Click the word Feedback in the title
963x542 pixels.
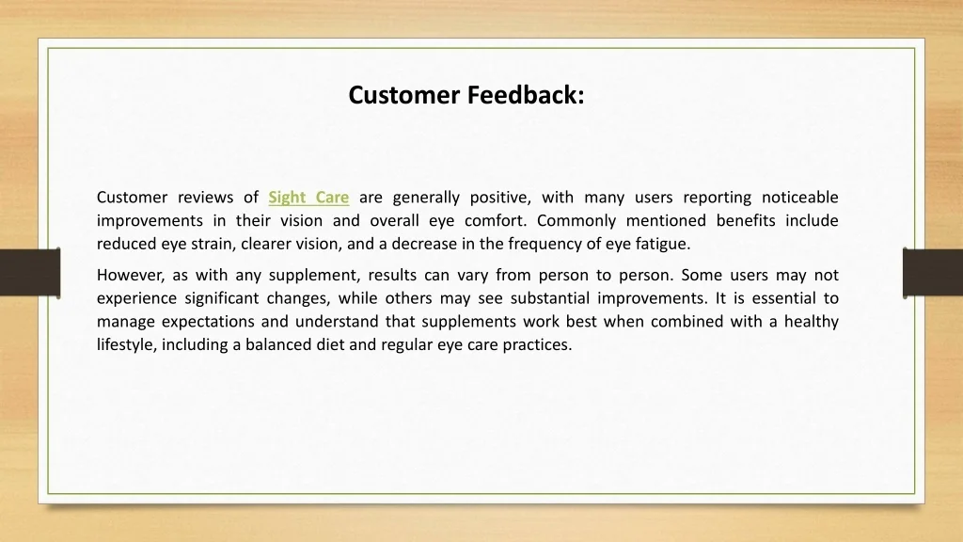(526, 95)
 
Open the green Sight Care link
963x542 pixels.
(308, 198)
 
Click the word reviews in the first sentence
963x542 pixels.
(206, 198)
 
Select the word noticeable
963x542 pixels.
(800, 198)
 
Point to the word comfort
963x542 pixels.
(495, 220)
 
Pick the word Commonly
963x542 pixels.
(576, 221)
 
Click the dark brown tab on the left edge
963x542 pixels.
(30, 273)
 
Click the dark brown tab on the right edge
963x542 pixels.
(933, 273)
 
